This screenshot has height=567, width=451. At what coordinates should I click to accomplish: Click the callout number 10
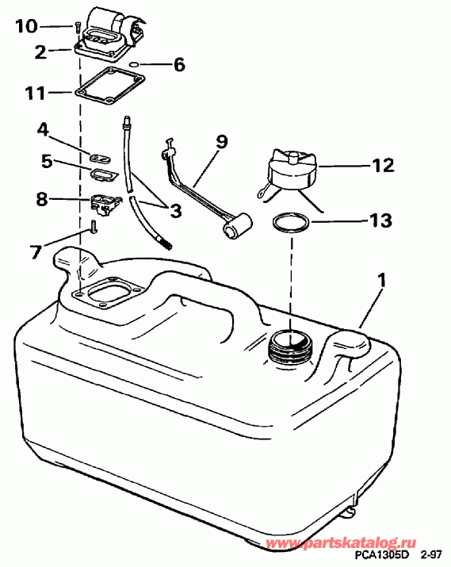pyautogui.click(x=25, y=27)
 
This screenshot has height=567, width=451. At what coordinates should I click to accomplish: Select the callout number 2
pyautogui.click(x=40, y=52)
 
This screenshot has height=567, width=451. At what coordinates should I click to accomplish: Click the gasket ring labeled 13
pyautogui.click(x=290, y=223)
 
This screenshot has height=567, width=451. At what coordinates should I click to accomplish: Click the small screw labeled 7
pyautogui.click(x=93, y=228)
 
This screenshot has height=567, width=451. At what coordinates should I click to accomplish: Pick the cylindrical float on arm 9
pyautogui.click(x=237, y=228)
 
